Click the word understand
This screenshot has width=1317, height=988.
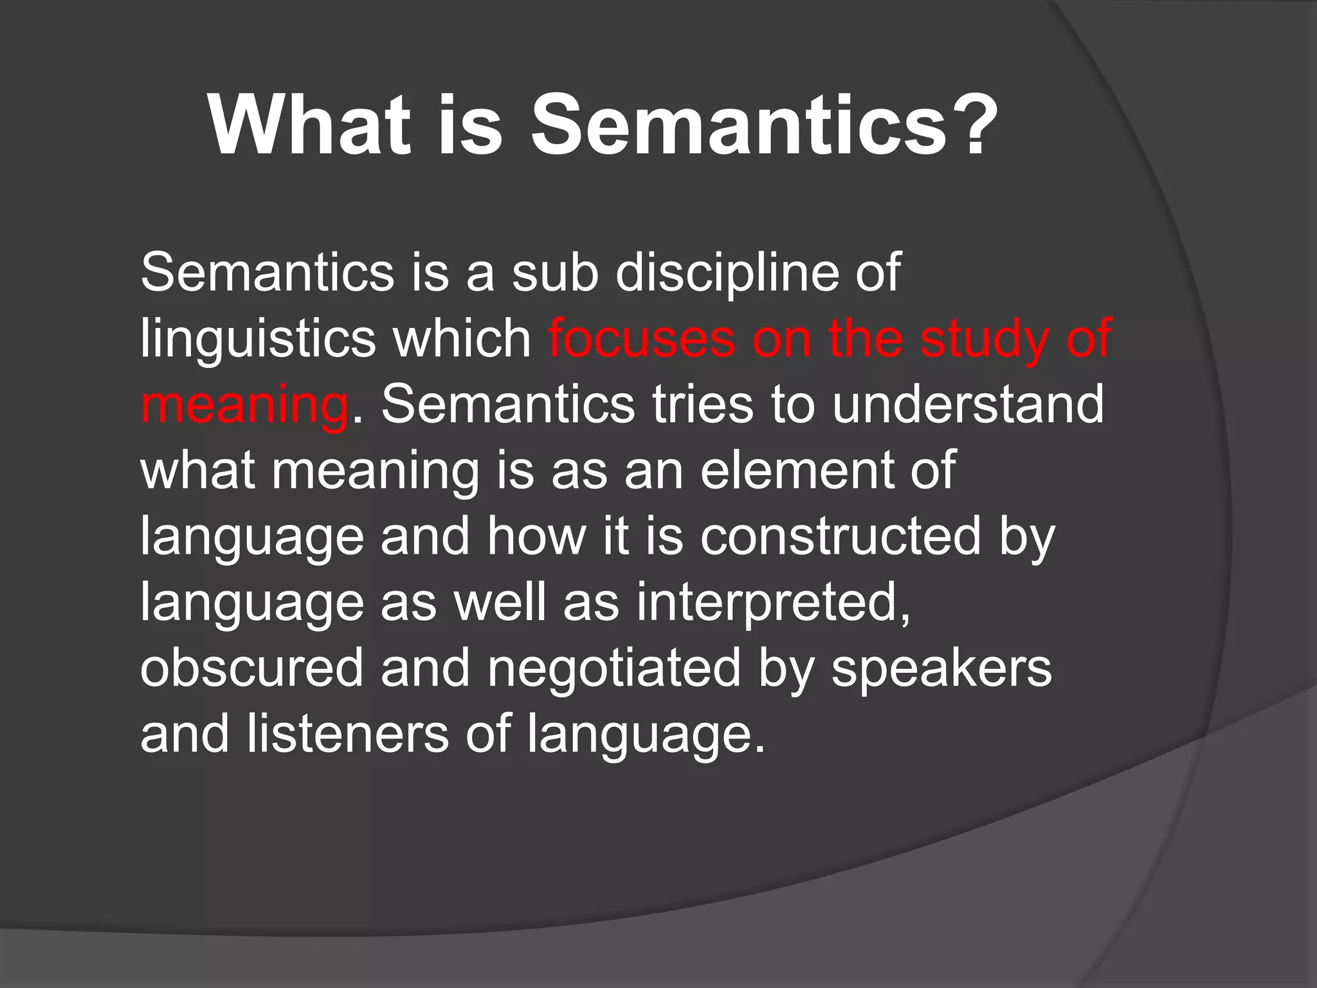point(968,405)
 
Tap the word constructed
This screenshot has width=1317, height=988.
point(840,536)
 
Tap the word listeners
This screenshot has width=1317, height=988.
point(347,735)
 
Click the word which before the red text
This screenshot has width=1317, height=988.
point(462,339)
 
